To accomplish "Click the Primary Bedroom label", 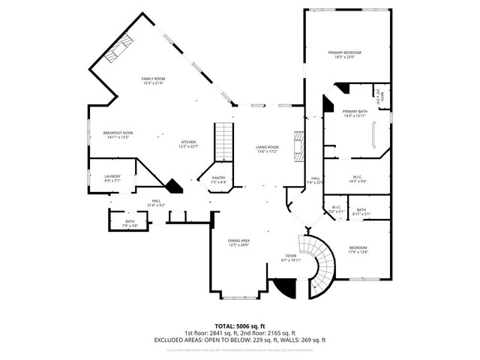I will [x=345, y=54].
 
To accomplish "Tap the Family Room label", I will [x=154, y=80].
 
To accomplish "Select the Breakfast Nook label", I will [x=117, y=135].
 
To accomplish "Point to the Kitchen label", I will [x=188, y=144].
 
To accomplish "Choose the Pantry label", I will [x=218, y=181].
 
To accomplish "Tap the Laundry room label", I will [x=112, y=178].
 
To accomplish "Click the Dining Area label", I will [x=239, y=242].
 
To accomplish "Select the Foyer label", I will [x=290, y=258].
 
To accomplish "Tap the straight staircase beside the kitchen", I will [x=224, y=142].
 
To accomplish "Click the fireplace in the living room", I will [x=300, y=146].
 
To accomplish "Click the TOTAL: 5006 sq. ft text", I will [x=240, y=326].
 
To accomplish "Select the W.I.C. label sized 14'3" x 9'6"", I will [x=357, y=179].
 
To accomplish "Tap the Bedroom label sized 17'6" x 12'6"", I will [x=358, y=250].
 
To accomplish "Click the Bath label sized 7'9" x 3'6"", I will [x=130, y=223].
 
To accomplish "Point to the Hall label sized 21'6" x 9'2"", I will [x=157, y=202].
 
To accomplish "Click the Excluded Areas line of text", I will [x=240, y=340].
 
